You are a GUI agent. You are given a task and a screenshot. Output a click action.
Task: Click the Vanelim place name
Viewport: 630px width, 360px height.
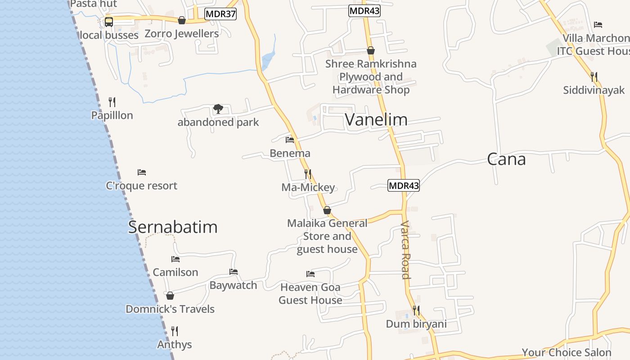pos(376,120)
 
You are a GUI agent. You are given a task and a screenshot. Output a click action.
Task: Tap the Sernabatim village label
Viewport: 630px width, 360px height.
pos(173,227)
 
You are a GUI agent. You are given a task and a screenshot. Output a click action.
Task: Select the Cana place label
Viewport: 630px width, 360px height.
pos(506,160)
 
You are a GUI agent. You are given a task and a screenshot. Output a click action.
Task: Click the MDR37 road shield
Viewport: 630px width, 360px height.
pos(220,14)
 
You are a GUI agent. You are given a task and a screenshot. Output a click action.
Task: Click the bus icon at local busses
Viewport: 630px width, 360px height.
pos(109,22)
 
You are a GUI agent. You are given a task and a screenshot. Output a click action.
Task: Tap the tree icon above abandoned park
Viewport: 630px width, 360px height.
pos(218,109)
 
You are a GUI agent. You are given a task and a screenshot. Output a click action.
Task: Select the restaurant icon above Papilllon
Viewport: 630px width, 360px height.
pos(112,102)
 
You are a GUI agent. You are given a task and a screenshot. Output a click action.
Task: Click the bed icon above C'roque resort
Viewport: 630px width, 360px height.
pos(142,172)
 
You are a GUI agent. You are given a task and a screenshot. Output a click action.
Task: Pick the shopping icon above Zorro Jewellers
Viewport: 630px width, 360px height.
pos(182,20)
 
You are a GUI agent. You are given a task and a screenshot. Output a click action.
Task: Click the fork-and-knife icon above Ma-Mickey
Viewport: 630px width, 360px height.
pos(308,174)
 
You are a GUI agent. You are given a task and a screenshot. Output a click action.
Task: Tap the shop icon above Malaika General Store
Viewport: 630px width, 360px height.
pos(327,210)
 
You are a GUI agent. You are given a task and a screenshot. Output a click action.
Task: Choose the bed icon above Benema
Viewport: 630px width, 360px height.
pos(290,140)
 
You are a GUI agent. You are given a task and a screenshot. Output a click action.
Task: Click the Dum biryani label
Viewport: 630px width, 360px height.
pos(416,324)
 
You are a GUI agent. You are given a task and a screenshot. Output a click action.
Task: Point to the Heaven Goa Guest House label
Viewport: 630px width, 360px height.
pos(310,293)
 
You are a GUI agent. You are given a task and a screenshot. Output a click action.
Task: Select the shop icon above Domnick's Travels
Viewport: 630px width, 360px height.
pos(170,296)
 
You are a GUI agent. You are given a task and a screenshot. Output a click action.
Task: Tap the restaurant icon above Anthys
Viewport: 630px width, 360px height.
pos(175,331)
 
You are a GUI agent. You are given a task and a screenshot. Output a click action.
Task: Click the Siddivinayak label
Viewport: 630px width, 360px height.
pos(594,90)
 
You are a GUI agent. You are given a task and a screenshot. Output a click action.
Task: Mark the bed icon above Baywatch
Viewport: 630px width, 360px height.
pos(234,272)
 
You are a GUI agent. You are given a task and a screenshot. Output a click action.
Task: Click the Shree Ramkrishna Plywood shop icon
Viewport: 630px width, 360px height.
pos(371,50)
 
